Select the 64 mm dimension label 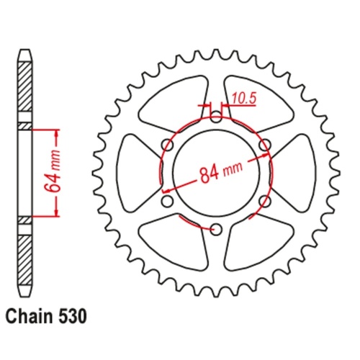point(50,173)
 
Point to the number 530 point(74,315)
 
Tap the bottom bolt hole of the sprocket point(215,229)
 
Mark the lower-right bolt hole point(264,201)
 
